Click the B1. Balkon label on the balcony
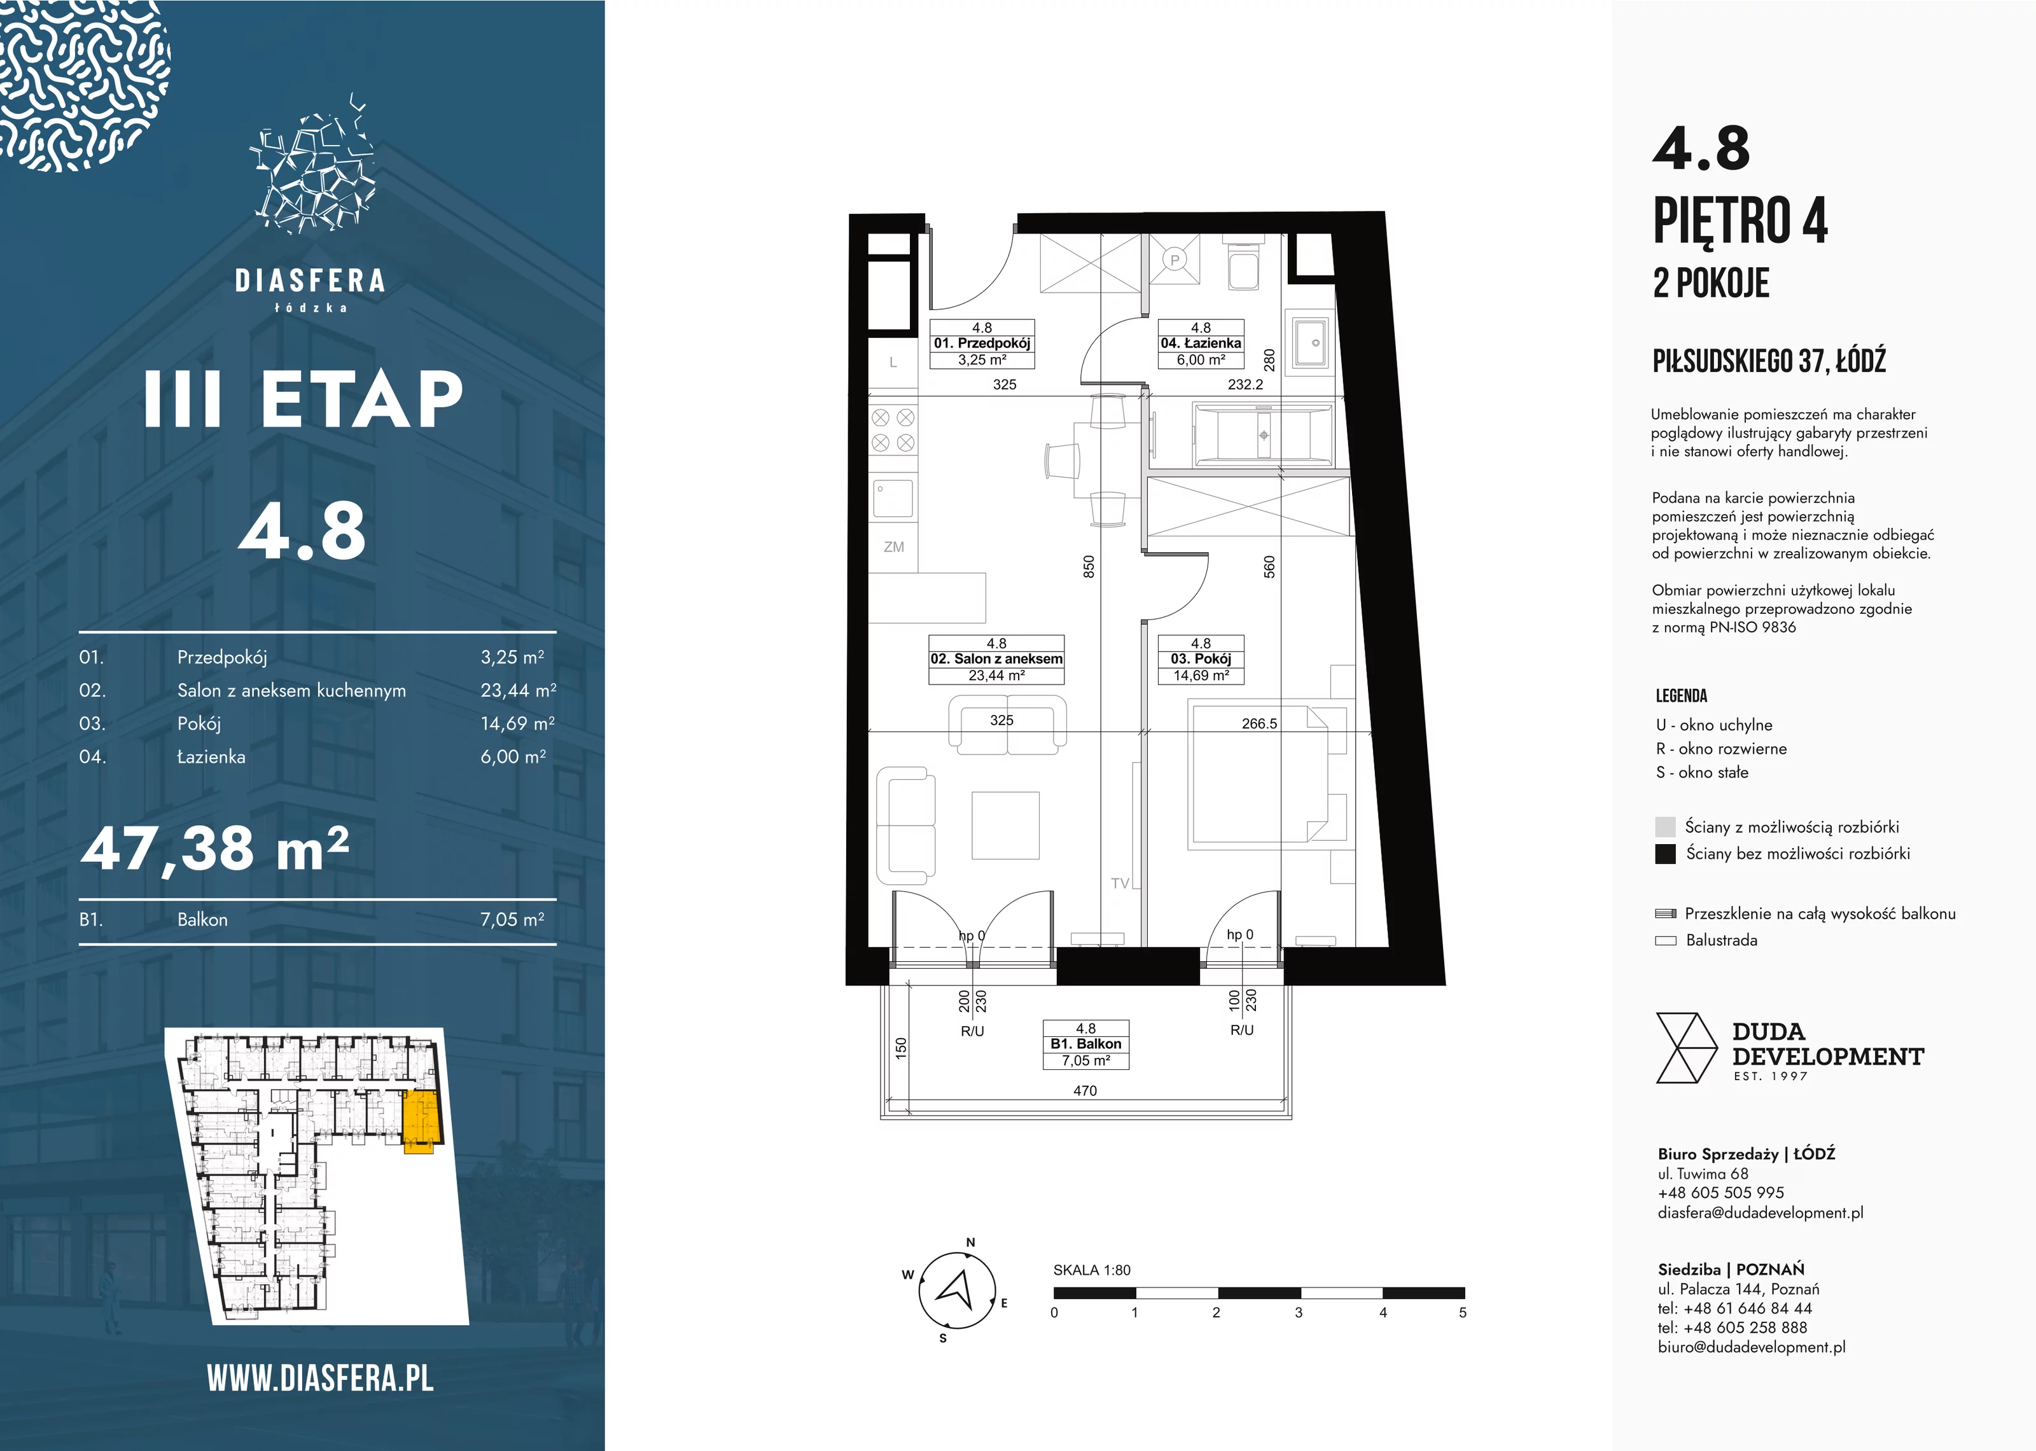1085,1045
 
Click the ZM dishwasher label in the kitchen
893,547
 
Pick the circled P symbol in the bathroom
1175,260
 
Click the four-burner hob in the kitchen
893,430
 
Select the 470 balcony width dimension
1085,1090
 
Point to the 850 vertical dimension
1088,566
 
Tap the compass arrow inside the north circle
955,1289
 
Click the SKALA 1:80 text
1092,1270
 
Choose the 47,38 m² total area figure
214,849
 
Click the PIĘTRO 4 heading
1740,220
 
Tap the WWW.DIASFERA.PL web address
320,1378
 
